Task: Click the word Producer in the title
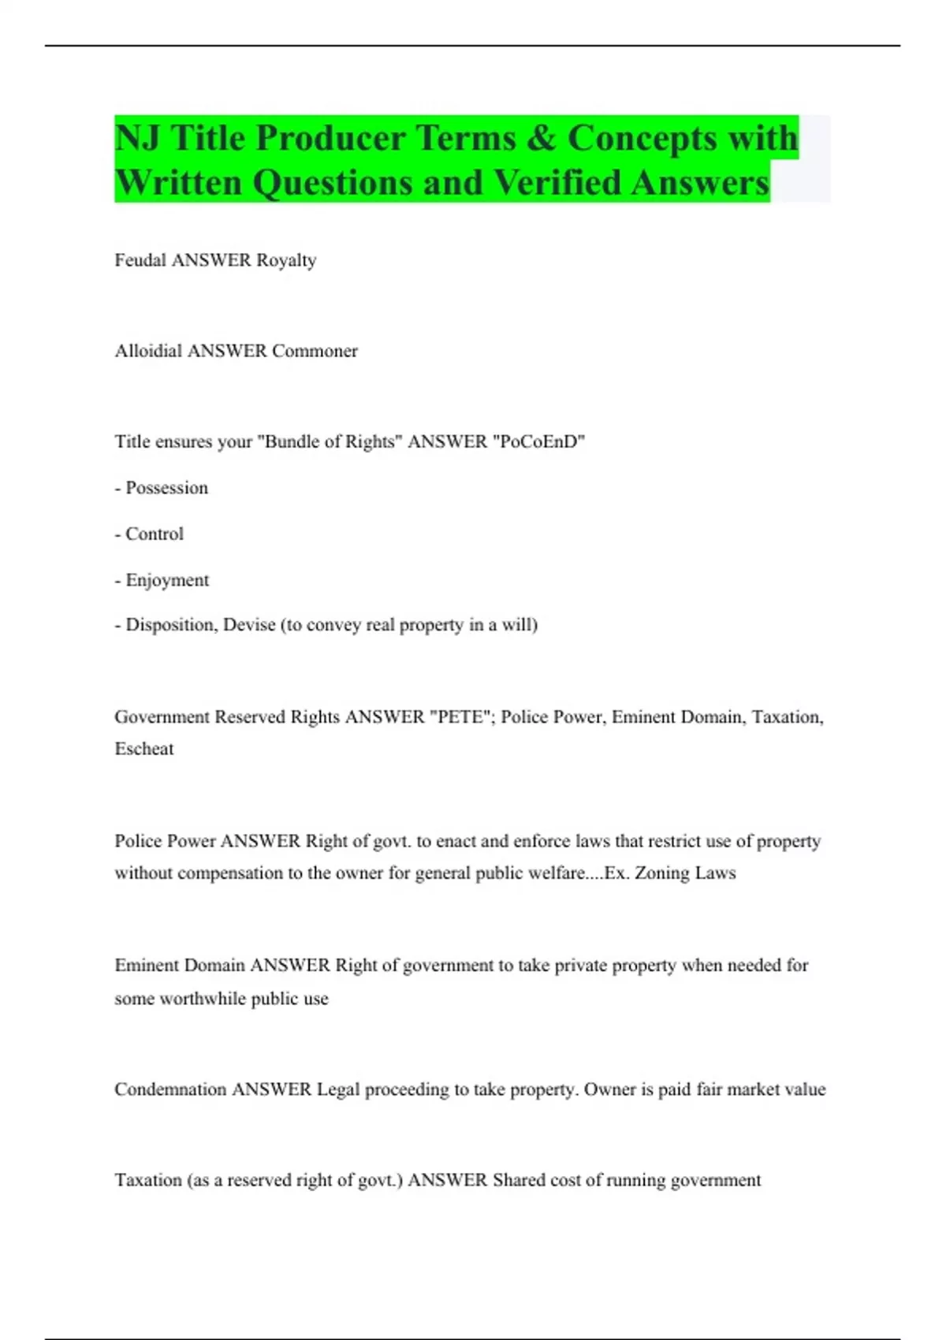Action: (x=330, y=139)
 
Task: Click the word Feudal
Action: (x=140, y=260)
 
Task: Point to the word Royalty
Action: (x=286, y=261)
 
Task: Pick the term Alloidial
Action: (x=148, y=351)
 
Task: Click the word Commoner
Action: (x=315, y=351)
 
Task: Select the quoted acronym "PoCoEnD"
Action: (x=538, y=441)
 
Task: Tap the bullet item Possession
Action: (x=166, y=488)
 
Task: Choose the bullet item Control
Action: (x=155, y=534)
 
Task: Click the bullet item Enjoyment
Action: (x=167, y=580)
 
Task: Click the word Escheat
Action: (x=144, y=749)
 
